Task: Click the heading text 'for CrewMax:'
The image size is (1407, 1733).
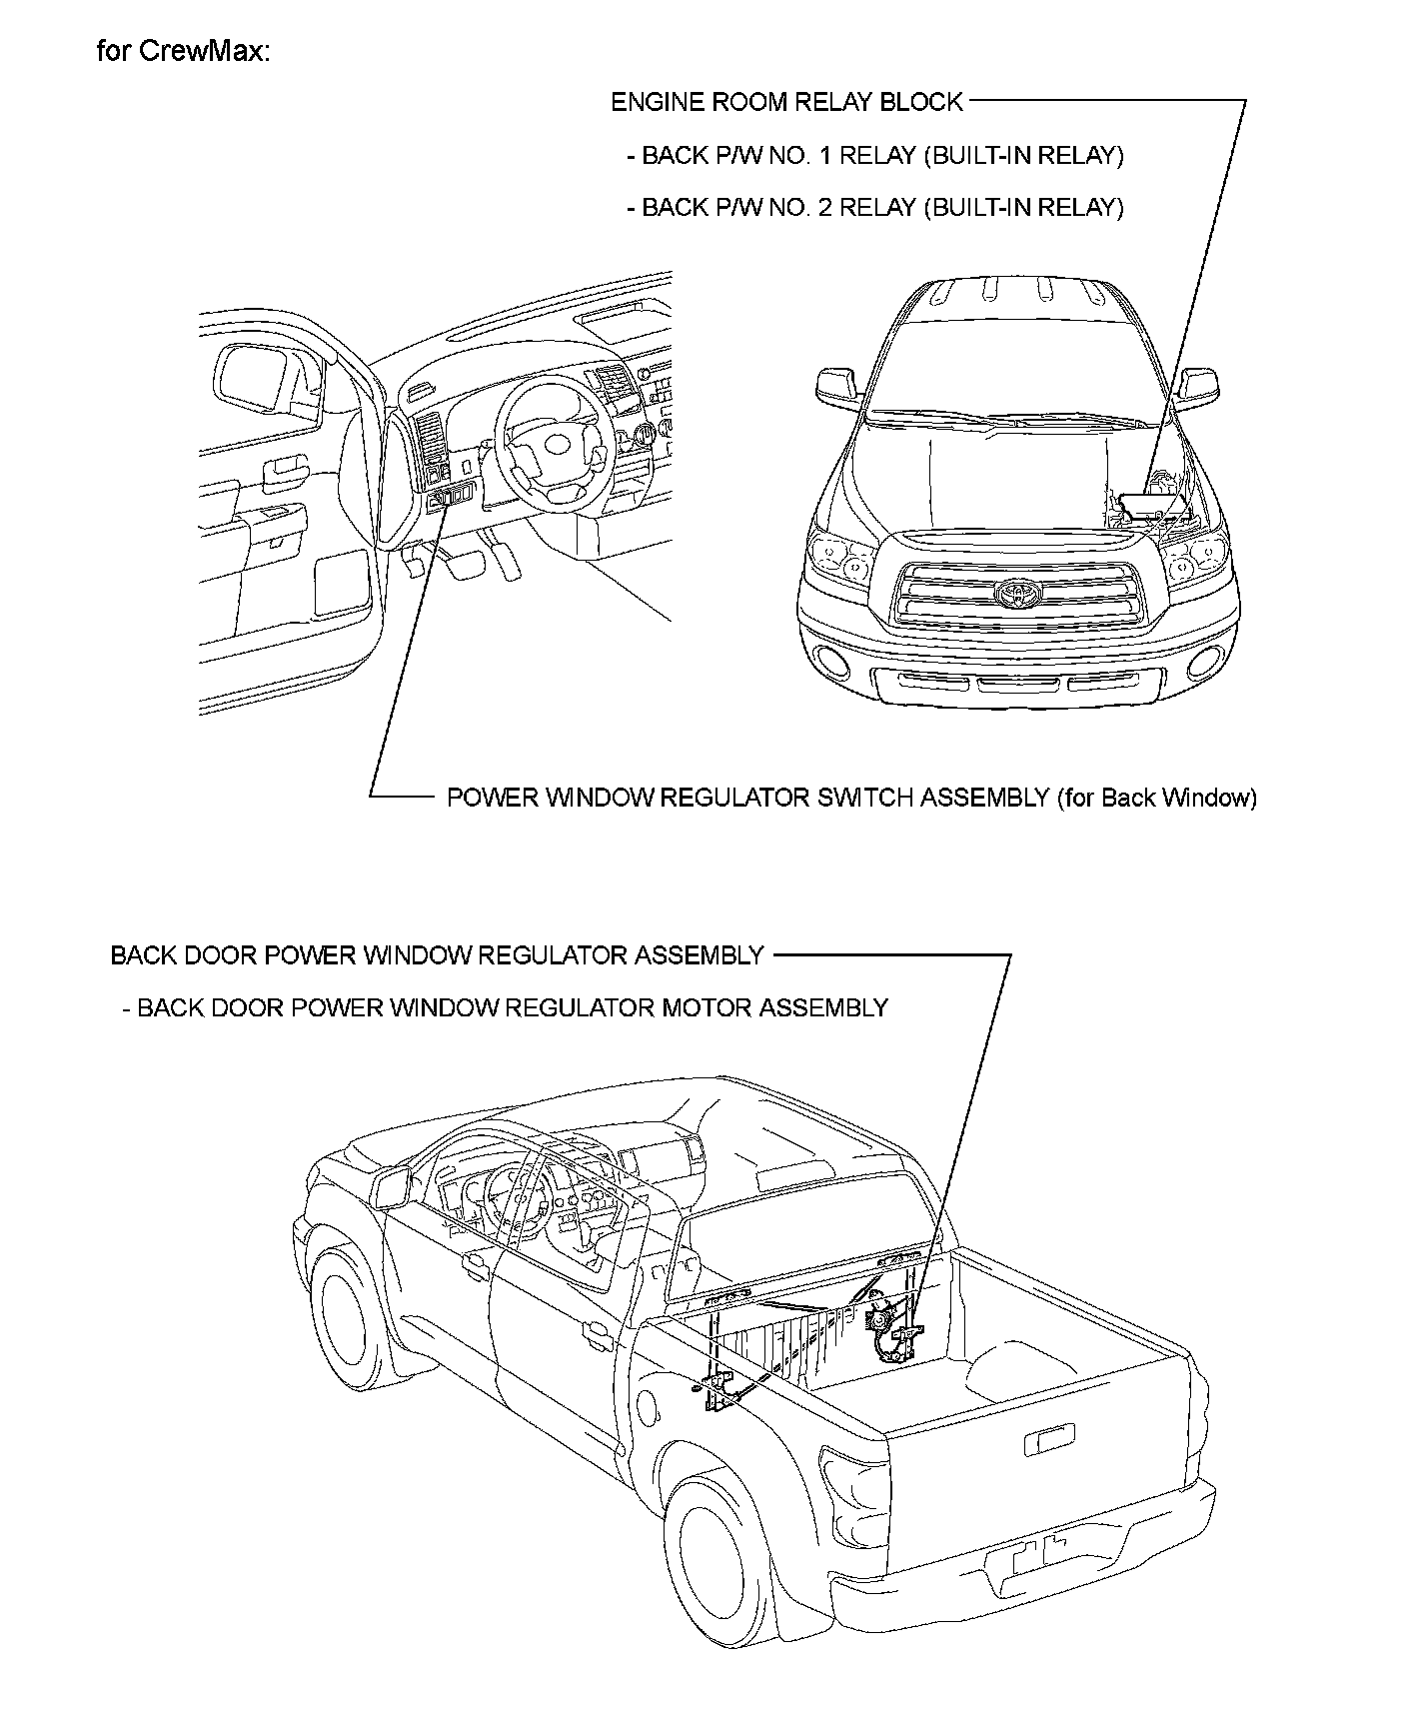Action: [183, 52]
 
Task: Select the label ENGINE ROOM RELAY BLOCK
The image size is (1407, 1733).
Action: [786, 102]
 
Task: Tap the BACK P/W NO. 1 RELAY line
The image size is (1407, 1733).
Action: [874, 156]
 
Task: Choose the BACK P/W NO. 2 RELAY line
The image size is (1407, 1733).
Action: [874, 208]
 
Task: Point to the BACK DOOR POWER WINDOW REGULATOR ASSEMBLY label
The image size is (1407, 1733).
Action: [437, 955]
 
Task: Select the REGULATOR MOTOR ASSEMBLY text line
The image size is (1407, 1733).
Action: [505, 1007]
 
